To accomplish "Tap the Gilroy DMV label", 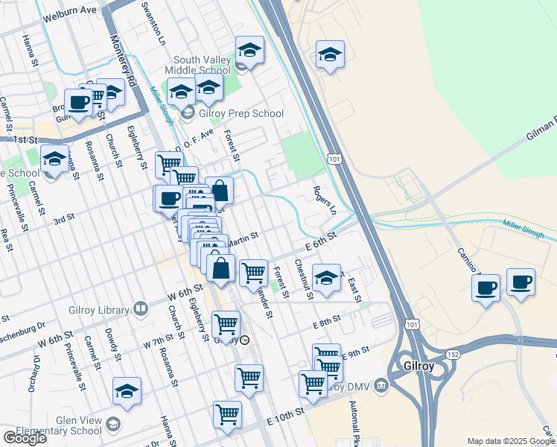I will tap(351, 385).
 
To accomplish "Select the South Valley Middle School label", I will tap(203, 65).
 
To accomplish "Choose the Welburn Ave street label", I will tap(71, 10).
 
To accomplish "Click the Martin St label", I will tap(242, 238).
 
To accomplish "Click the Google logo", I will tap(25, 437).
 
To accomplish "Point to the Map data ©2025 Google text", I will tap(510, 441).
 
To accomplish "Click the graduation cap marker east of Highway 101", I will tap(330, 55).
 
